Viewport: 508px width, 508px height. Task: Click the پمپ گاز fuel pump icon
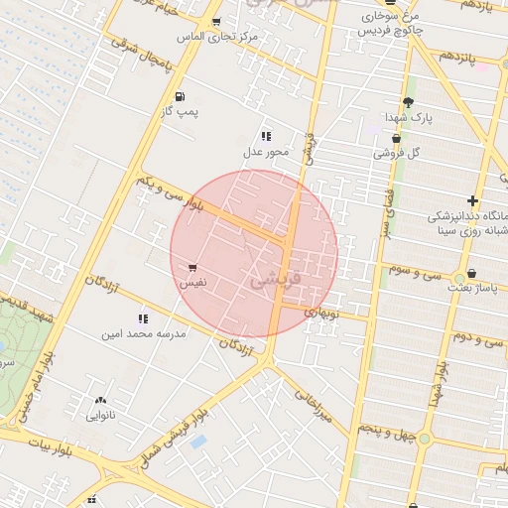[x=180, y=96]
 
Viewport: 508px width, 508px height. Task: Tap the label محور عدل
[x=265, y=152]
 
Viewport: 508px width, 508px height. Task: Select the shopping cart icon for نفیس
[x=191, y=267]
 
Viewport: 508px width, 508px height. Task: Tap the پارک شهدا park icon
[x=408, y=102]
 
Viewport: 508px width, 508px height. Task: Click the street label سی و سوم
[x=413, y=269]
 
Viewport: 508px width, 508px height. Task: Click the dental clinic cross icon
[x=473, y=201]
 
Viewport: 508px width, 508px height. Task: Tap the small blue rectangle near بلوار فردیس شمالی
[x=197, y=442]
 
